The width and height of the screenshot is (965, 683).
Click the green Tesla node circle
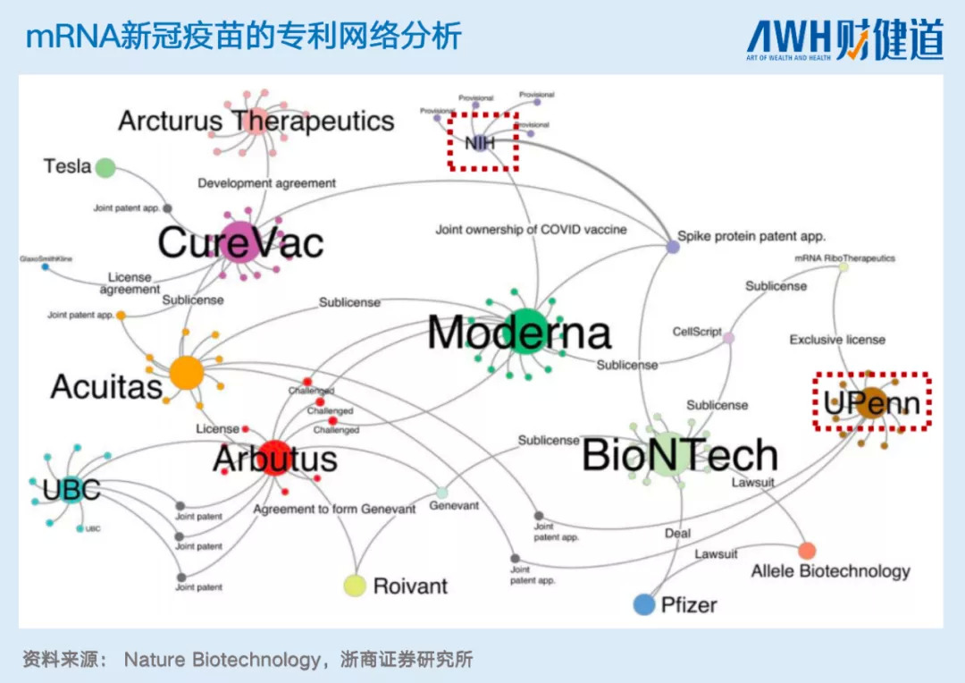pyautogui.click(x=105, y=167)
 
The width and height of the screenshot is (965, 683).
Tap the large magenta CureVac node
pyautogui.click(x=239, y=241)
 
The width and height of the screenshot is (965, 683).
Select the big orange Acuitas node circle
pyautogui.click(x=187, y=372)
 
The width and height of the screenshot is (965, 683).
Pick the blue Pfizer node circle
pyautogui.click(x=644, y=605)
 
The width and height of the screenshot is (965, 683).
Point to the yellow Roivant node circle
pyautogui.click(x=356, y=586)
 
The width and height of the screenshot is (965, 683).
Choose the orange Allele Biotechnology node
pyautogui.click(x=807, y=551)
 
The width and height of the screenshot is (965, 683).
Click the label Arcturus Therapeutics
pyautogui.click(x=256, y=121)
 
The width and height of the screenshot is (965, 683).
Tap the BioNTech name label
pyautogui.click(x=680, y=456)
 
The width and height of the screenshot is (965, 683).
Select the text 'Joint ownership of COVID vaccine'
pyautogui.click(x=531, y=230)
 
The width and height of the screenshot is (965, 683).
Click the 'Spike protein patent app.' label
pyautogui.click(x=751, y=237)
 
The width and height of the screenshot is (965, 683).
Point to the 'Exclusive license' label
pyautogui.click(x=837, y=340)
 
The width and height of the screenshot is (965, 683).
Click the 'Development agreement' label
pyautogui.click(x=266, y=183)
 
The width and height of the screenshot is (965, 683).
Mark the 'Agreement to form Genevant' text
pyautogui.click(x=334, y=509)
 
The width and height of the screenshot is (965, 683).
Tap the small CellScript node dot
pyautogui.click(x=728, y=338)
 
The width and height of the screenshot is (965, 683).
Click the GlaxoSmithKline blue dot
pyautogui.click(x=45, y=266)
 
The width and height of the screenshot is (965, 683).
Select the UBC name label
pyautogui.click(x=71, y=490)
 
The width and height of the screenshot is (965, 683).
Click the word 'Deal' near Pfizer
pyautogui.click(x=677, y=534)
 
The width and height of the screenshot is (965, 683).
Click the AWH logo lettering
pyautogui.click(x=789, y=38)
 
